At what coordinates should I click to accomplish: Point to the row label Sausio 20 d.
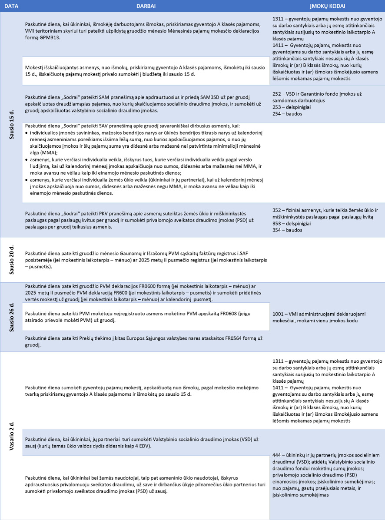12,260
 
